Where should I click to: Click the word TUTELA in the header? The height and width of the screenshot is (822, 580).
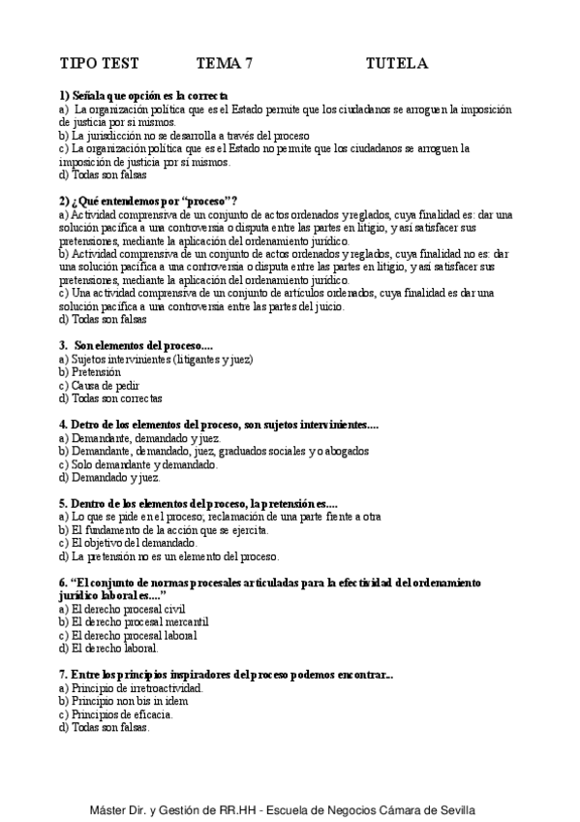396,64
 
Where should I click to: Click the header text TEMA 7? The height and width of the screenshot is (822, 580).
225,64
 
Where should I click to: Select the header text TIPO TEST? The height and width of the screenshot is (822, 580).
100,64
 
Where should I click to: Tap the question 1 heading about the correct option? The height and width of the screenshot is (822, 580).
143,96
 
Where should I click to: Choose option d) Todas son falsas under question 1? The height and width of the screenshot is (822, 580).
103,176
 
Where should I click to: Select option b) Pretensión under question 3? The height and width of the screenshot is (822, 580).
90,372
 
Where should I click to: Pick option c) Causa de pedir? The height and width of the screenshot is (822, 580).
98,385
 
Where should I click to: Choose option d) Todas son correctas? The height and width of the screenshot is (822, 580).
110,398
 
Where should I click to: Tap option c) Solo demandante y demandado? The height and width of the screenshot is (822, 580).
138,464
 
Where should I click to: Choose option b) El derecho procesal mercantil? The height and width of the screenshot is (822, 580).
134,621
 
